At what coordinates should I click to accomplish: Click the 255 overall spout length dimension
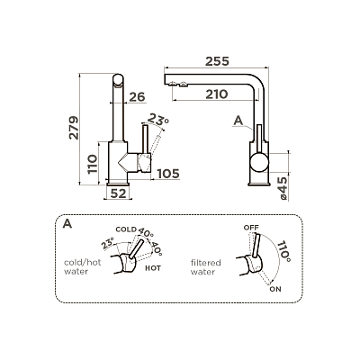(x=217, y=61)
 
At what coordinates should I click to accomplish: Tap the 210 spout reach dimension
(x=217, y=94)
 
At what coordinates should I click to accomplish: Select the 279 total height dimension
(x=74, y=128)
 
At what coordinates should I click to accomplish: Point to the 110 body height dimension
(x=93, y=164)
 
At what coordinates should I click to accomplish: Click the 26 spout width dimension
(x=137, y=97)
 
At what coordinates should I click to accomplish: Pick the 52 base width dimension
(x=118, y=193)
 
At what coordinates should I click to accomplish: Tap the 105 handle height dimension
(x=168, y=174)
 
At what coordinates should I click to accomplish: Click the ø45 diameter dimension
(x=282, y=188)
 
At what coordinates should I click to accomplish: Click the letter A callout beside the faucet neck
(x=238, y=121)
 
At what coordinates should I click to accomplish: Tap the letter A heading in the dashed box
(x=67, y=224)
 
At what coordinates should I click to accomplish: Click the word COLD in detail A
(x=126, y=229)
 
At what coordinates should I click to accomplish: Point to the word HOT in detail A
(x=153, y=268)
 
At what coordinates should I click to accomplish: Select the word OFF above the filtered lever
(x=251, y=228)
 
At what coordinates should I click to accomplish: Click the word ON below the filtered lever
(x=275, y=289)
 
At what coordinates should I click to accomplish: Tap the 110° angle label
(x=283, y=251)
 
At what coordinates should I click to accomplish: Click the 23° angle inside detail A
(x=108, y=243)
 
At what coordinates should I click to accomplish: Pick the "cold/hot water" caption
(x=83, y=266)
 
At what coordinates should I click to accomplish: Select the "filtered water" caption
(x=206, y=267)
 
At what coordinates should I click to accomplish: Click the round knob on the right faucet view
(x=259, y=162)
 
